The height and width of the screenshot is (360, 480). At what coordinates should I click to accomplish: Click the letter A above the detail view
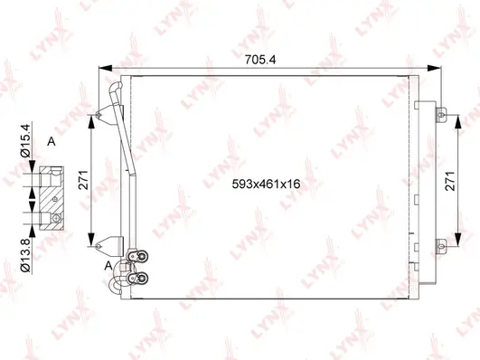click(52, 142)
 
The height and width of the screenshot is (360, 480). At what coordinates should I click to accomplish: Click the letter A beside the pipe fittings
click(109, 265)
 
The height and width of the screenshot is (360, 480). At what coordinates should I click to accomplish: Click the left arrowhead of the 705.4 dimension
click(101, 70)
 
